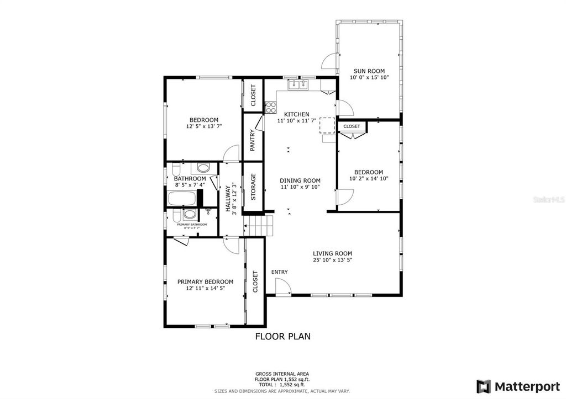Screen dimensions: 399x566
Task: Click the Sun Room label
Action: [369, 71]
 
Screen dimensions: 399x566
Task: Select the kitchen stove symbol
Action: [270, 107]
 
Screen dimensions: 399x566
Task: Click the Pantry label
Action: [253, 140]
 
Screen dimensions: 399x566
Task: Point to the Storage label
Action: [254, 187]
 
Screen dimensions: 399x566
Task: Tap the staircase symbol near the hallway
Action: [259, 225]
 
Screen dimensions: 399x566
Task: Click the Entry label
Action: [279, 272]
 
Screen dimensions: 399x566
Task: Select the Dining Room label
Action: [300, 180]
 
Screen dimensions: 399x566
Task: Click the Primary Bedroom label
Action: [205, 281]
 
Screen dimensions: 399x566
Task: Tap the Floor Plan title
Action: [282, 336]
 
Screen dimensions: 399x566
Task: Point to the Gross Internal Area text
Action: [282, 374]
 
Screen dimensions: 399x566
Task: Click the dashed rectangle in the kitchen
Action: [327, 125]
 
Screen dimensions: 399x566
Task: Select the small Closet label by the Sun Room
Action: [352, 126]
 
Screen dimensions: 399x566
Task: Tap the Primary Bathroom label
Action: [192, 225]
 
